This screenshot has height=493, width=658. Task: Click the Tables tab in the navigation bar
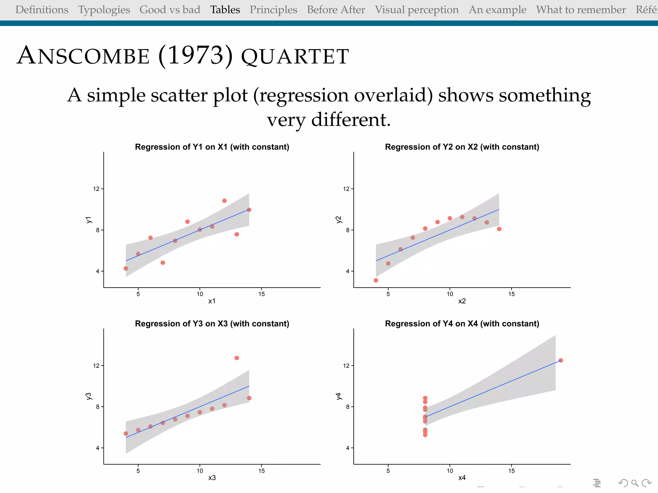[x=225, y=10]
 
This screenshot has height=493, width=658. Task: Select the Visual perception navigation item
[x=417, y=10]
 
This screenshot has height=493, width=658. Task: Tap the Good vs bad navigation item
[x=170, y=10]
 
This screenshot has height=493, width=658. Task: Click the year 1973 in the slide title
[x=195, y=56]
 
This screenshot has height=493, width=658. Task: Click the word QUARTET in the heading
[x=295, y=57]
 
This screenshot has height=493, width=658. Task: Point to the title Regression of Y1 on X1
[x=212, y=147]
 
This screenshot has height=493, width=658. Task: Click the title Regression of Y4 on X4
[x=462, y=324]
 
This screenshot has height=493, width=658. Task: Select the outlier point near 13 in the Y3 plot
[x=237, y=358]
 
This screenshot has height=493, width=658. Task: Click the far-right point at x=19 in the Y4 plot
[x=561, y=360]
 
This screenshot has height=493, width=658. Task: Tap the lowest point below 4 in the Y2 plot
[x=376, y=281]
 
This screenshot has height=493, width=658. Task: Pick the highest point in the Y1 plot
[x=225, y=201]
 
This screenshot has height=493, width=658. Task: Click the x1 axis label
[x=212, y=301]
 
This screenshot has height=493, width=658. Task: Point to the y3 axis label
[x=89, y=396]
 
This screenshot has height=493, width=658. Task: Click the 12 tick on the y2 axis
[x=346, y=189]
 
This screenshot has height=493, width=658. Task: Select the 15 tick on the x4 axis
[x=511, y=471]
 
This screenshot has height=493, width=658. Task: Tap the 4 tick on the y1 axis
[x=98, y=271]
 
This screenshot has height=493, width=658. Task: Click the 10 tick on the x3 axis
[x=200, y=471]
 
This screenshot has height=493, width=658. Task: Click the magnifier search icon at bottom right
[x=635, y=483]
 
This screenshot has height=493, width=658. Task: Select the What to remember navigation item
[x=581, y=10]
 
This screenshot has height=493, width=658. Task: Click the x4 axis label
[x=462, y=478]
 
